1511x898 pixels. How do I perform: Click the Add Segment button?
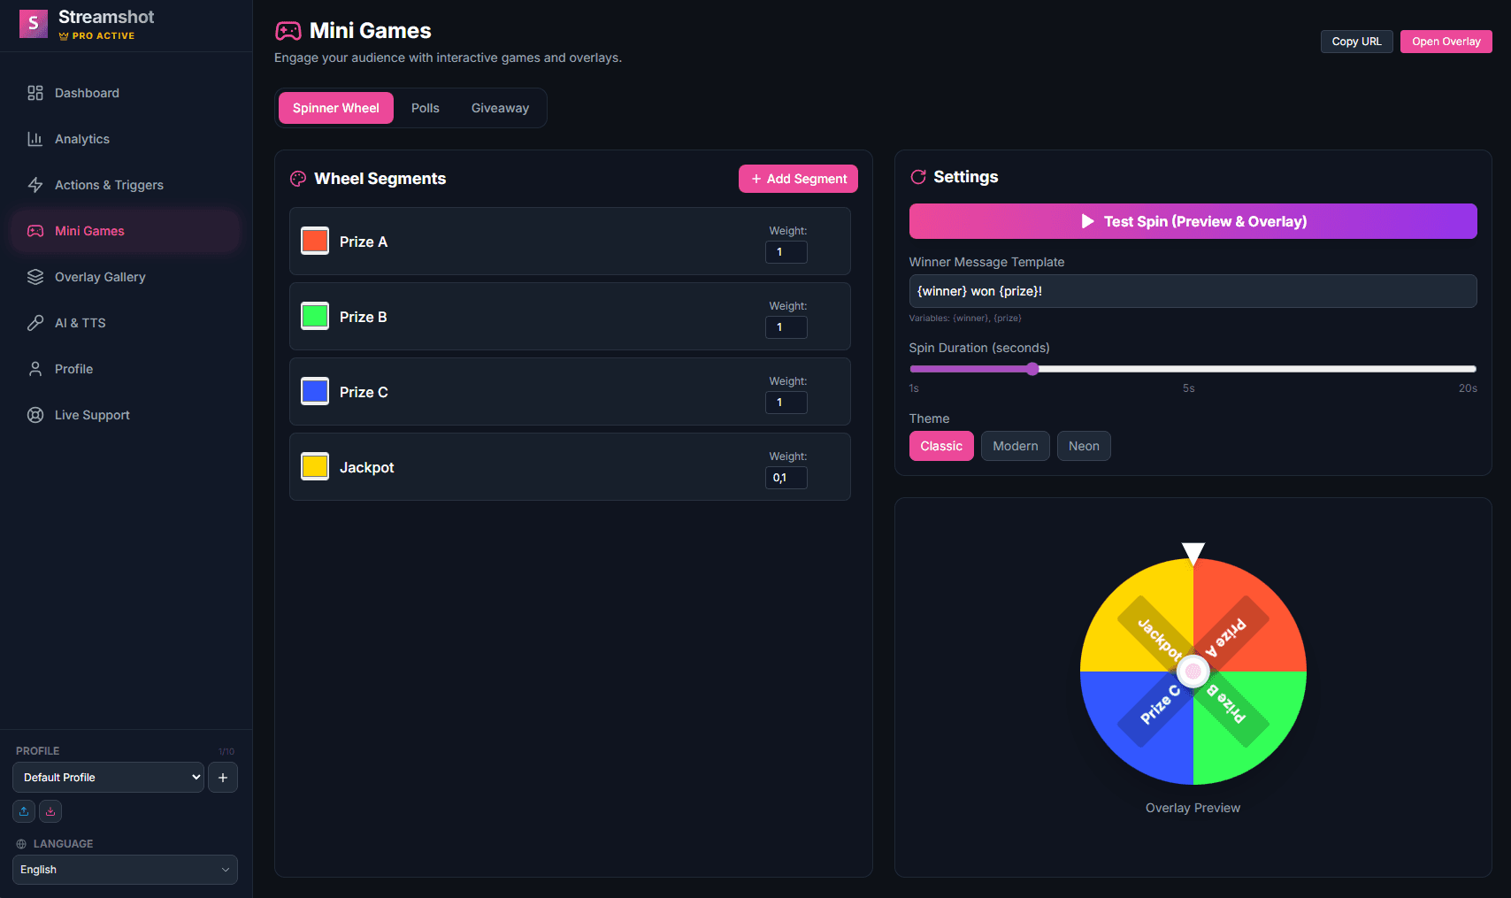(798, 179)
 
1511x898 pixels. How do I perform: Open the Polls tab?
(425, 108)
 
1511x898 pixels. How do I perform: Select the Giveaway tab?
(500, 108)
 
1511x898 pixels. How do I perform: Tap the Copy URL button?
(1356, 42)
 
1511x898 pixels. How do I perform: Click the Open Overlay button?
(1446, 42)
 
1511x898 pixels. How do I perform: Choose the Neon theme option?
(1083, 446)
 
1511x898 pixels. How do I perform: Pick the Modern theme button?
(1015, 446)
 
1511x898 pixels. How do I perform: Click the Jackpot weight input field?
(786, 478)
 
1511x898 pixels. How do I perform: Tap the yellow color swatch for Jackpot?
(315, 466)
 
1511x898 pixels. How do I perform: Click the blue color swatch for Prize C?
(315, 391)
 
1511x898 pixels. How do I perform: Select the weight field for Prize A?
(786, 252)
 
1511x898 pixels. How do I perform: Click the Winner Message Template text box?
(1193, 291)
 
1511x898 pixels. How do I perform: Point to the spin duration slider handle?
(1032, 369)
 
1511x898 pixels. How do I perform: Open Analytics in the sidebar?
(82, 139)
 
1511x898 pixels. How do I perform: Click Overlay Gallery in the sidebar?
(100, 277)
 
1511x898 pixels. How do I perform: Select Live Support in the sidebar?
(92, 415)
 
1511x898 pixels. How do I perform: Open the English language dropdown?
(125, 870)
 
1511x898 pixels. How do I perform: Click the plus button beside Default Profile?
(223, 778)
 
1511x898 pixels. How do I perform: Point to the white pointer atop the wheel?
(1193, 552)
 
